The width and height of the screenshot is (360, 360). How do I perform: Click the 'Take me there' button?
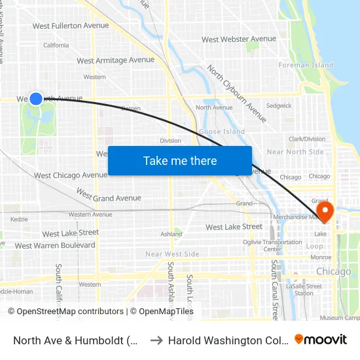click(180, 161)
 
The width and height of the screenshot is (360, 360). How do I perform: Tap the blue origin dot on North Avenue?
click(36, 98)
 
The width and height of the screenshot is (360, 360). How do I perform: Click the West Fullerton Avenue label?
click(71, 26)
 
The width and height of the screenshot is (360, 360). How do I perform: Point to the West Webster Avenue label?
click(239, 39)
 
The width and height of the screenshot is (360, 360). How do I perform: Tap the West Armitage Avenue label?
click(116, 60)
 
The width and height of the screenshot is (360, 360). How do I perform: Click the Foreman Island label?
click(306, 65)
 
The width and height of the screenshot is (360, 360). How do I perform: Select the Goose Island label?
click(222, 132)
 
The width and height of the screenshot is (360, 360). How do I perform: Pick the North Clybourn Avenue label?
click(237, 94)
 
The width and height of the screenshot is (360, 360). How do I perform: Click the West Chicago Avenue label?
click(71, 175)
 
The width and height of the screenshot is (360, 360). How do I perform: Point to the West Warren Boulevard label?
click(55, 246)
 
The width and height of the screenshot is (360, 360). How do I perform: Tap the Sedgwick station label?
click(279, 105)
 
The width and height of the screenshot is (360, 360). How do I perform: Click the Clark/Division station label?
click(307, 139)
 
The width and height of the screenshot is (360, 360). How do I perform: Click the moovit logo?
click(320, 339)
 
